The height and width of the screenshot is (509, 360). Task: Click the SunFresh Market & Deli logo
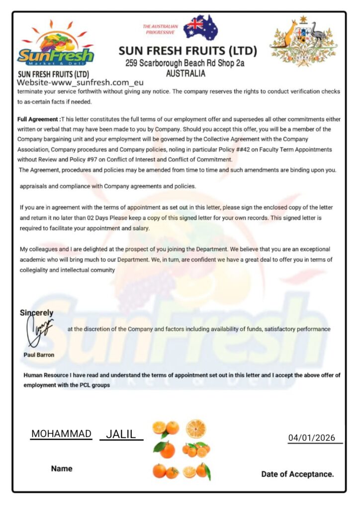[55, 45]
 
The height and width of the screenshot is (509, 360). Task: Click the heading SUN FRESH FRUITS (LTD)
[187, 51]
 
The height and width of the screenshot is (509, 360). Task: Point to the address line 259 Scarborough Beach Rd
[185, 63]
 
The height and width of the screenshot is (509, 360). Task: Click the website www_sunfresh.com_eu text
[80, 83]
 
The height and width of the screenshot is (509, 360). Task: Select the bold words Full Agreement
[37, 120]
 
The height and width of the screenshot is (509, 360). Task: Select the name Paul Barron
[39, 355]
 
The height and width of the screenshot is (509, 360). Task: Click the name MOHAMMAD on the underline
[61, 433]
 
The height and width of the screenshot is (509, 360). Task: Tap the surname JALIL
[121, 434]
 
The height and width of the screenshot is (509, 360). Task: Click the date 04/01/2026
[312, 438]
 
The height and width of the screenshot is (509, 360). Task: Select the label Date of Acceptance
[297, 474]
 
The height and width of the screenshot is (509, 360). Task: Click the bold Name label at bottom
[61, 468]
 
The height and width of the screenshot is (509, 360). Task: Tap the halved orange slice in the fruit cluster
[195, 428]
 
